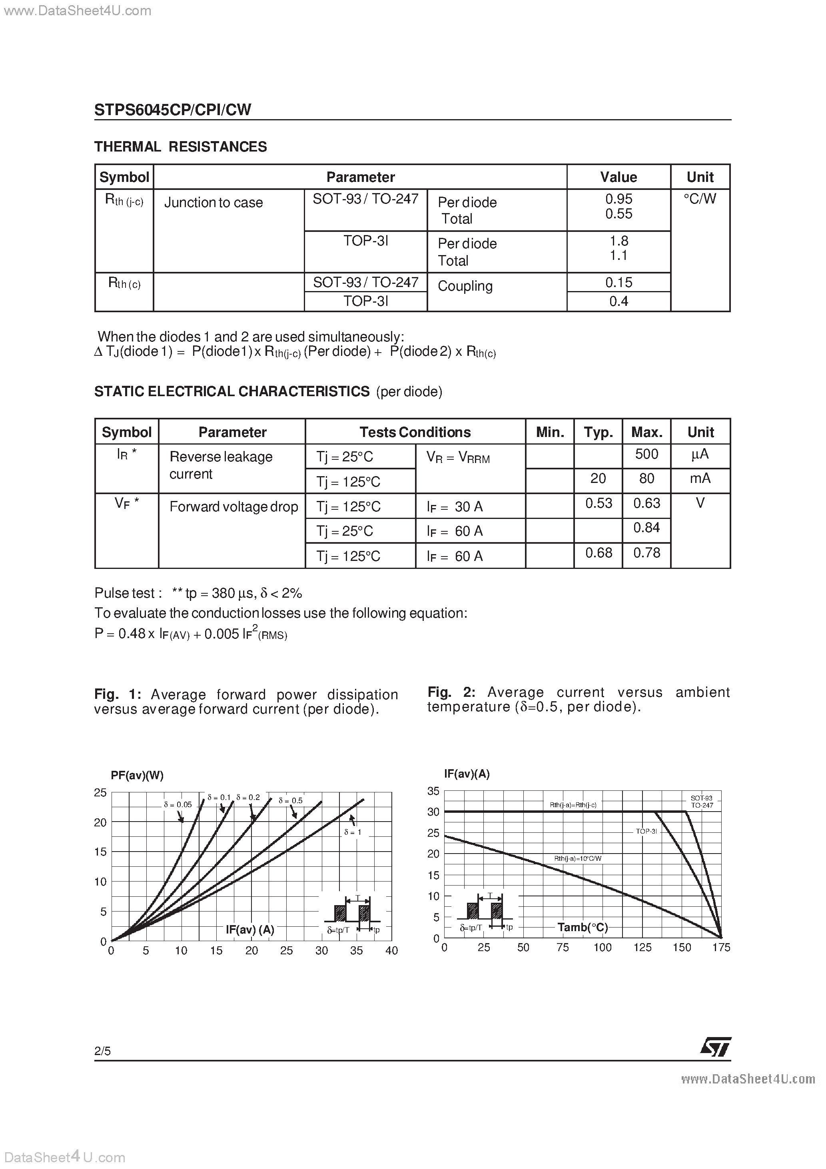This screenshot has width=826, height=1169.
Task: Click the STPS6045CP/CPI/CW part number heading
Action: pos(173,110)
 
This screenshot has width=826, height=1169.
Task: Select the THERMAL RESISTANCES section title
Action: pos(180,147)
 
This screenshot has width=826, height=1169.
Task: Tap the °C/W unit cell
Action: pos(700,199)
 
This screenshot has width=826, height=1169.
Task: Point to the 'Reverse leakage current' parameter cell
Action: pos(221,465)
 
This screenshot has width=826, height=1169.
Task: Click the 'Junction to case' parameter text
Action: pos(213,203)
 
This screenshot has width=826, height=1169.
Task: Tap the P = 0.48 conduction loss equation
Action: pos(191,634)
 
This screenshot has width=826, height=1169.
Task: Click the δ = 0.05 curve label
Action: pos(178,804)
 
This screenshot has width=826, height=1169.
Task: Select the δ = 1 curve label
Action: pos(352,832)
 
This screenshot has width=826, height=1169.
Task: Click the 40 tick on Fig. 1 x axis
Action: pos(391,951)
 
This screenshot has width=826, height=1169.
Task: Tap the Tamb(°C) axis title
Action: pos(583,927)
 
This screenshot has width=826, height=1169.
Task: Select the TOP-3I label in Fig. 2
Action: pos(646,831)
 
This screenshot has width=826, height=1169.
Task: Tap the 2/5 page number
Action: pos(102,1051)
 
